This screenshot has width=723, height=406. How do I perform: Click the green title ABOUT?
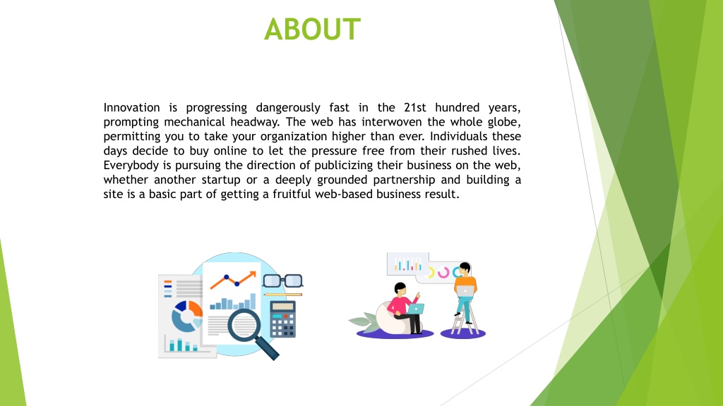click(312, 29)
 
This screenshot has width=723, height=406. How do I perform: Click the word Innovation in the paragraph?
click(131, 108)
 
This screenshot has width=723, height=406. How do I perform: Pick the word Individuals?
click(459, 136)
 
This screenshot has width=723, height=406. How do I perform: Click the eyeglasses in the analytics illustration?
click(282, 281)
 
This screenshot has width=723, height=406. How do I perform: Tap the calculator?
click(282, 319)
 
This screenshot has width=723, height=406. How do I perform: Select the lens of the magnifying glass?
click(244, 325)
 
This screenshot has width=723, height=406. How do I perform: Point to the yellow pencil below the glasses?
click(282, 294)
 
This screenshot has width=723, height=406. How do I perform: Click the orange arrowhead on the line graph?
click(252, 275)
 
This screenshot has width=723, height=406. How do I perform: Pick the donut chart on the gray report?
click(186, 316)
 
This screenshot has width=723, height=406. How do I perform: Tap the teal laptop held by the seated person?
click(416, 309)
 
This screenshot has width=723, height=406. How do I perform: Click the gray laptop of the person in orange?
click(465, 292)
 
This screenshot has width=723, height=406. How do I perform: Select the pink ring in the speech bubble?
click(443, 273)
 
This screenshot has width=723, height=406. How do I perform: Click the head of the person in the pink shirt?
click(400, 290)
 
